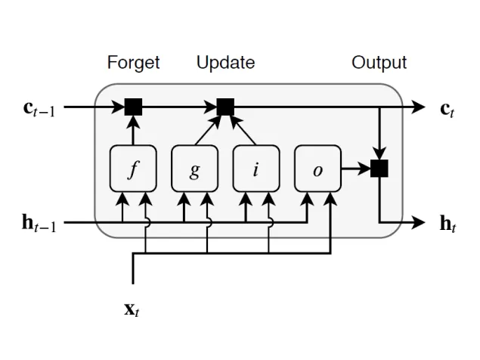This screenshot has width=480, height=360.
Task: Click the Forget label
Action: pyautogui.click(x=134, y=63)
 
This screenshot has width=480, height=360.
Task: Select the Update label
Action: pyautogui.click(x=225, y=63)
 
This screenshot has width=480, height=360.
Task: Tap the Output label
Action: pyautogui.click(x=379, y=63)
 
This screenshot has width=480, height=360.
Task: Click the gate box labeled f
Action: pyautogui.click(x=133, y=169)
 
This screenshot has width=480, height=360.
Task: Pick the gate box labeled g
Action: pyautogui.click(x=194, y=169)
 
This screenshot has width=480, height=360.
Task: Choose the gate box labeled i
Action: pyautogui.click(x=255, y=169)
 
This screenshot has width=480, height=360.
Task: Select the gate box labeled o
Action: pyautogui.click(x=317, y=169)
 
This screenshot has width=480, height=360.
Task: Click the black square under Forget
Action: pyautogui.click(x=134, y=107)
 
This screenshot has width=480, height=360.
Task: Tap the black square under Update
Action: pyautogui.click(x=225, y=107)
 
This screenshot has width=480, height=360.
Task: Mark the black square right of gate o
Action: pyautogui.click(x=379, y=169)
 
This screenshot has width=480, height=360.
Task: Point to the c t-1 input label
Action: pyautogui.click(x=40, y=108)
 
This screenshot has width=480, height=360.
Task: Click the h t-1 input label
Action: pyautogui.click(x=40, y=223)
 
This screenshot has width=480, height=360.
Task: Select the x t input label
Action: pyautogui.click(x=132, y=309)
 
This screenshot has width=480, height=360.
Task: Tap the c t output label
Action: pyautogui.click(x=447, y=108)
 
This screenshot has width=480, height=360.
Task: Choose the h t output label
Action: pyautogui.click(x=447, y=223)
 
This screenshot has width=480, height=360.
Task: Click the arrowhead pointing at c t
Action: pyautogui.click(x=419, y=107)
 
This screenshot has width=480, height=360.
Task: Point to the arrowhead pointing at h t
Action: pyautogui.click(x=419, y=222)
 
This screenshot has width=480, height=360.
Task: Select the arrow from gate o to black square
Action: pyautogui.click(x=355, y=169)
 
